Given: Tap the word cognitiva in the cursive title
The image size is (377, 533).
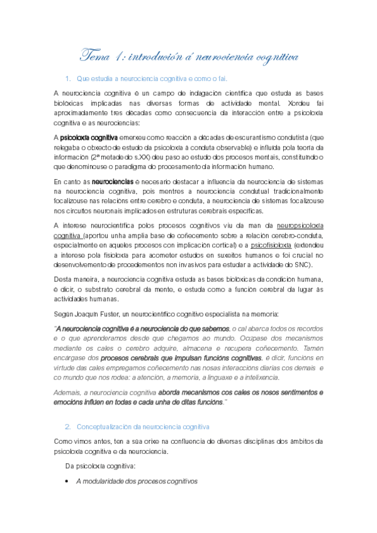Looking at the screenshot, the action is [273, 57].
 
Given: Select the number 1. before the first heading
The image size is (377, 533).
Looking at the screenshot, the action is [68, 79].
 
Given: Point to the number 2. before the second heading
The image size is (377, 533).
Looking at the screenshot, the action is [68, 426].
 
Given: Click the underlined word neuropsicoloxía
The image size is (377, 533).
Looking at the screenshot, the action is [300, 226].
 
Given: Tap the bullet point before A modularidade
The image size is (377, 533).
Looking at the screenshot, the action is [68, 481].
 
